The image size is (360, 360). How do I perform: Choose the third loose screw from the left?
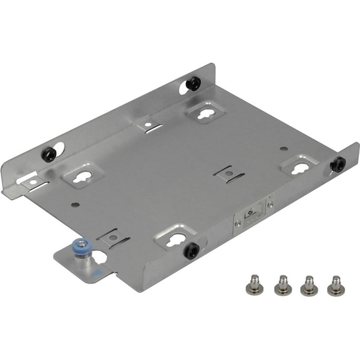point(308,284)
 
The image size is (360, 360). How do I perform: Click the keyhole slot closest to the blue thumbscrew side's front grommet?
point(174,239)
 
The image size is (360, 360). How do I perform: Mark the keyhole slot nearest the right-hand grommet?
point(299,166)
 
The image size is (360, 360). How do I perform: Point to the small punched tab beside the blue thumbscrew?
point(113,237)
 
